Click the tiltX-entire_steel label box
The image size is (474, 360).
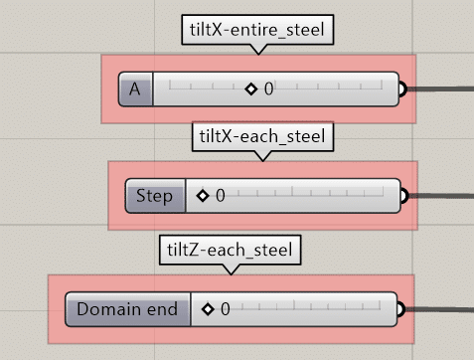click(x=257, y=30)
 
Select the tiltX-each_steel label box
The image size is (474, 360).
click(x=262, y=136)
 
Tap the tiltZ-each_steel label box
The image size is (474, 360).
click(x=231, y=250)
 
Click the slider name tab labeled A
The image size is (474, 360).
click(x=135, y=90)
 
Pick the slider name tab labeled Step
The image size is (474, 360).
click(x=155, y=196)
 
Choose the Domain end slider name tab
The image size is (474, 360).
click(x=128, y=309)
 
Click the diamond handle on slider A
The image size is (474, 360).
click(x=251, y=90)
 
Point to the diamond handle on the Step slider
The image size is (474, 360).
click(x=203, y=196)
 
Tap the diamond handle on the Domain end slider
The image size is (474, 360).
click(x=208, y=309)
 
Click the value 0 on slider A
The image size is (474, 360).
click(x=268, y=90)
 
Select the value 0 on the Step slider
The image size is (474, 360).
click(x=221, y=196)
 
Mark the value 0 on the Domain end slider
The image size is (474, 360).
click(x=226, y=309)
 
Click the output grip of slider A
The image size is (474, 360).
click(x=402, y=90)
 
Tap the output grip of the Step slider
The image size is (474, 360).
click(x=404, y=196)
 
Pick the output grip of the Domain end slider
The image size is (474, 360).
click(x=400, y=309)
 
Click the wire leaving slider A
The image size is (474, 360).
click(x=440, y=89)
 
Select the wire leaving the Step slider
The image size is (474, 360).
click(x=441, y=196)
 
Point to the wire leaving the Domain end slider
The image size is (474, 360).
click(x=439, y=309)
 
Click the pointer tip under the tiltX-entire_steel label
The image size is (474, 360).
click(x=258, y=55)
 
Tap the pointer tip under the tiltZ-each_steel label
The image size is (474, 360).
click(x=232, y=274)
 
